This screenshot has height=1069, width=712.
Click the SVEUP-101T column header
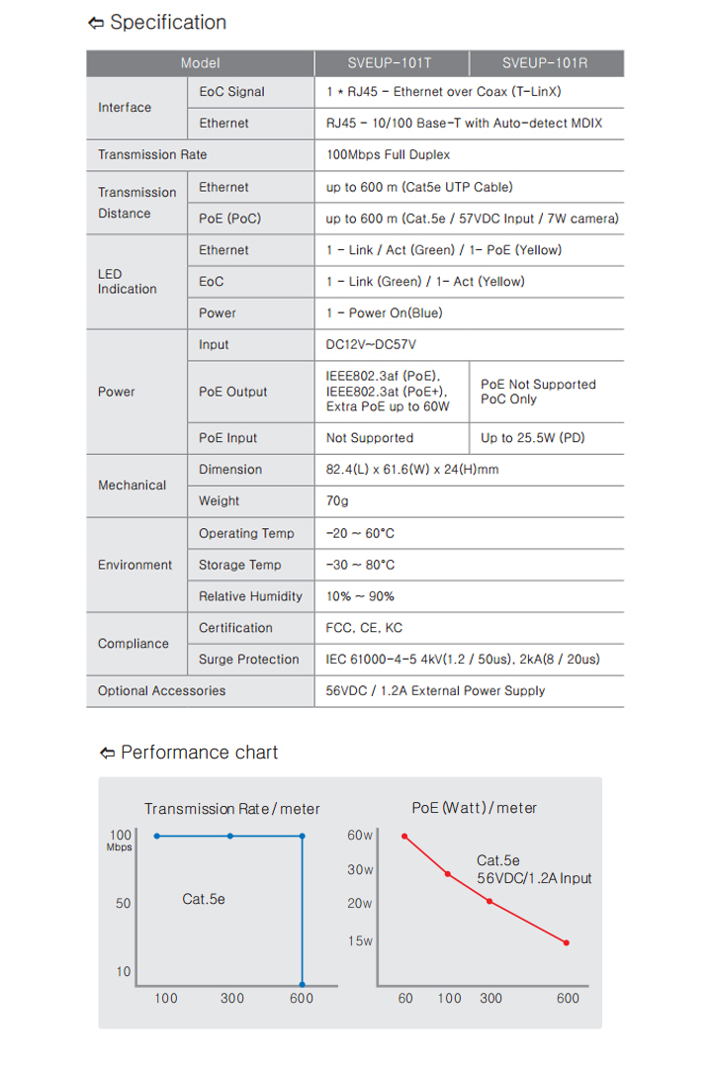(390, 63)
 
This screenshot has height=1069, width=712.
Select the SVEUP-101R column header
(545, 63)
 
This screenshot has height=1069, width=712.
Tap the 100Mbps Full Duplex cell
(388, 155)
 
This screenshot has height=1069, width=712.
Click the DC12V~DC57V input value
(370, 345)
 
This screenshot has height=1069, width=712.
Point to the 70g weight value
(337, 501)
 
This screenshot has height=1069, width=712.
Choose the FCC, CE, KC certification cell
(364, 628)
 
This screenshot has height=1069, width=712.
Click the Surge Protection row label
(248, 660)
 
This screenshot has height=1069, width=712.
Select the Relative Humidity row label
(250, 596)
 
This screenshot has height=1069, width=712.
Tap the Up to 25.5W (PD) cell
(533, 438)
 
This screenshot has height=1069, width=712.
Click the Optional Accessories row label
(161, 691)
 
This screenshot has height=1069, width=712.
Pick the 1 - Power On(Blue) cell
(385, 313)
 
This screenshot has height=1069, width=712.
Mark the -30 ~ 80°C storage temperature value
(360, 565)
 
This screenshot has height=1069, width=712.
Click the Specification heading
(167, 23)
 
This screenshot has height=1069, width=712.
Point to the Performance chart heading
(199, 753)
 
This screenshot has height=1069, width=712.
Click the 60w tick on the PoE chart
(360, 836)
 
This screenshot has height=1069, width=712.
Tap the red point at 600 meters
(567, 942)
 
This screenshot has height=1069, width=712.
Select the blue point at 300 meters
(230, 837)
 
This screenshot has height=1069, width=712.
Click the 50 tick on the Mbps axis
(124, 903)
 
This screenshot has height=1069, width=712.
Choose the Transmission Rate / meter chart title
(232, 809)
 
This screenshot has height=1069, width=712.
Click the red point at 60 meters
(404, 837)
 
